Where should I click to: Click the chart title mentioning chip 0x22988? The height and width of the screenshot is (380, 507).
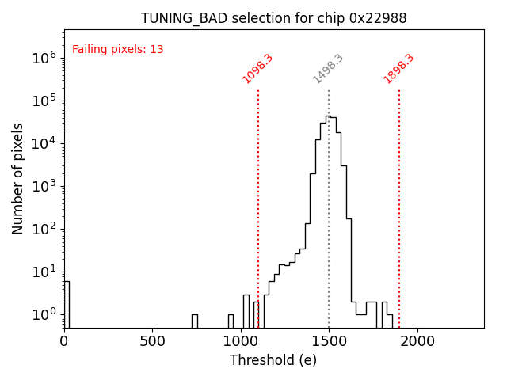click(274, 18)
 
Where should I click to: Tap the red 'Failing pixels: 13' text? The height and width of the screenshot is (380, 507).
click(118, 50)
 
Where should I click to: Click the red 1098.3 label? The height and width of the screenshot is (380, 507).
click(258, 69)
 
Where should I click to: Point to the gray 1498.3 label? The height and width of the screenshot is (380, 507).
click(328, 69)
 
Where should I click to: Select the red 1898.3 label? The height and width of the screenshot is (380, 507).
click(398, 69)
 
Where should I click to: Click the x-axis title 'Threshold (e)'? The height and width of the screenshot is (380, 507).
click(273, 360)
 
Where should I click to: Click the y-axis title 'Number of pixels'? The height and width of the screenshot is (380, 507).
click(18, 178)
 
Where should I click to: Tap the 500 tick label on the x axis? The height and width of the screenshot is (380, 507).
click(152, 341)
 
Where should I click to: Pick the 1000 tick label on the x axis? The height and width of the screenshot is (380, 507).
click(240, 341)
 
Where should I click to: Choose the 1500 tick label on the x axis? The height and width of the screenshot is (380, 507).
click(329, 341)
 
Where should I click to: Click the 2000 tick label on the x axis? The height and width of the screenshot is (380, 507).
click(417, 341)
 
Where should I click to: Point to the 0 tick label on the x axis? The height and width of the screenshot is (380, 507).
click(64, 341)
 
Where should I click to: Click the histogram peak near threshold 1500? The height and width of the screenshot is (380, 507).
click(328, 116)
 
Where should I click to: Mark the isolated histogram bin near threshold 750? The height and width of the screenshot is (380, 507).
click(195, 320)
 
